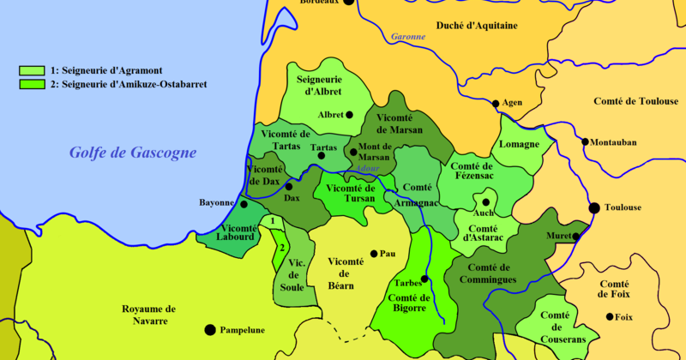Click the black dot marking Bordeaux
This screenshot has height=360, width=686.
(348, 3)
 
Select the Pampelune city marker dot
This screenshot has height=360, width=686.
(209, 329)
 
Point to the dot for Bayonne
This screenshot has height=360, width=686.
(244, 204)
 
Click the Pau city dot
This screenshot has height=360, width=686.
(373, 254)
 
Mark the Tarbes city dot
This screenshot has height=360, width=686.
(424, 279)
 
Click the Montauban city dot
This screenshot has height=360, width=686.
(585, 141)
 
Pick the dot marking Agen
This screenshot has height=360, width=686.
(495, 104)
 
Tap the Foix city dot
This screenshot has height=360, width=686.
(610, 316)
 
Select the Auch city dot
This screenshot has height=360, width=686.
(485, 202)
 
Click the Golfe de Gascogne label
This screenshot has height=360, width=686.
(133, 153)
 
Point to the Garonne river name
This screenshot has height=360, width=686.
(408, 37)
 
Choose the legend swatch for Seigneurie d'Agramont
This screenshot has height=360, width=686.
(32, 70)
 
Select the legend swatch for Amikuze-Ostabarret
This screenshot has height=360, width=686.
(32, 85)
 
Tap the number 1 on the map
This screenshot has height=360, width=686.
(272, 221)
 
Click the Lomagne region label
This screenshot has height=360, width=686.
(520, 145)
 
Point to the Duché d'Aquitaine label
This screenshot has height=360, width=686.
(477, 26)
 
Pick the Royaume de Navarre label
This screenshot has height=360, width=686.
(148, 315)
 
